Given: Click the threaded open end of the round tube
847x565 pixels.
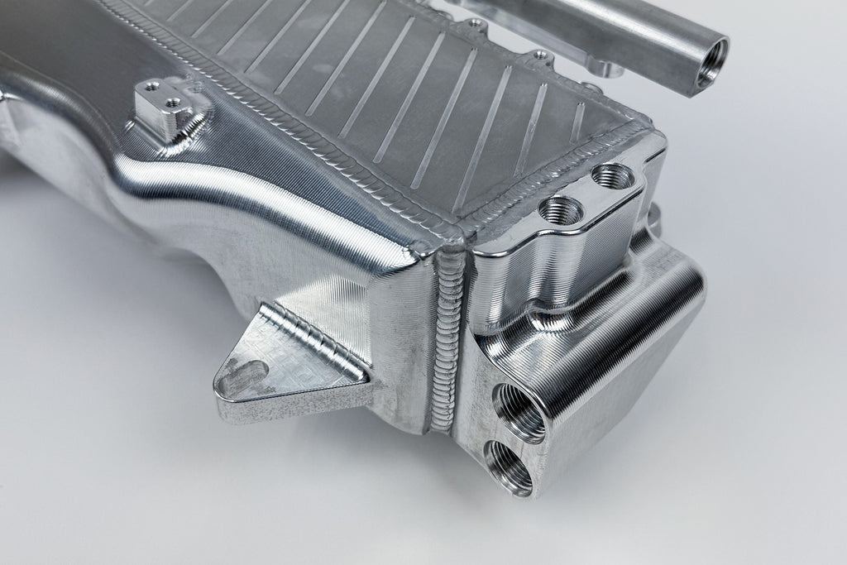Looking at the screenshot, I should (708, 65).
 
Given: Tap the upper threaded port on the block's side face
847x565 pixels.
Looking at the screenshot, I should (519, 409).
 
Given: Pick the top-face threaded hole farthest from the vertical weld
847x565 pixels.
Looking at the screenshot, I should (613, 176).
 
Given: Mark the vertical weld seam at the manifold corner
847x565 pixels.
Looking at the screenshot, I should (446, 339).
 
